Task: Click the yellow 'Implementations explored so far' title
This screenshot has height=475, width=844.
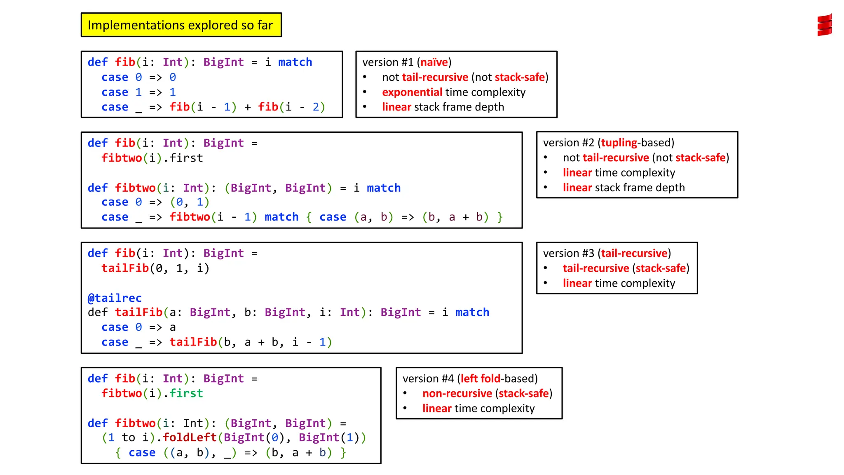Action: point(181,25)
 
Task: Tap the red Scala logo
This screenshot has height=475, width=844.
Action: point(825,25)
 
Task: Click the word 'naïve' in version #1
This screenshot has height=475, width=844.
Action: point(434,62)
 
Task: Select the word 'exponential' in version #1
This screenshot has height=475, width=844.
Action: point(412,92)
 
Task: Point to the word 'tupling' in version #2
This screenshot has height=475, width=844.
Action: point(619,143)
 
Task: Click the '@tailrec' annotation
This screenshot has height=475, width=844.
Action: point(115,298)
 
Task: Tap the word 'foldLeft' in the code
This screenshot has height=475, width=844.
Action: point(190,437)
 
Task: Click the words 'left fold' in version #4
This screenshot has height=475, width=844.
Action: point(481,379)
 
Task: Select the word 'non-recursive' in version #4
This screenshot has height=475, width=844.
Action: point(457,393)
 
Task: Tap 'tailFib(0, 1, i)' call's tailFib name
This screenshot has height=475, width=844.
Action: point(125,268)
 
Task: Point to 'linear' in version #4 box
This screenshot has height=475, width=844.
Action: point(437,408)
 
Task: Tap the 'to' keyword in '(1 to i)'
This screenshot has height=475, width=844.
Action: point(129,437)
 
